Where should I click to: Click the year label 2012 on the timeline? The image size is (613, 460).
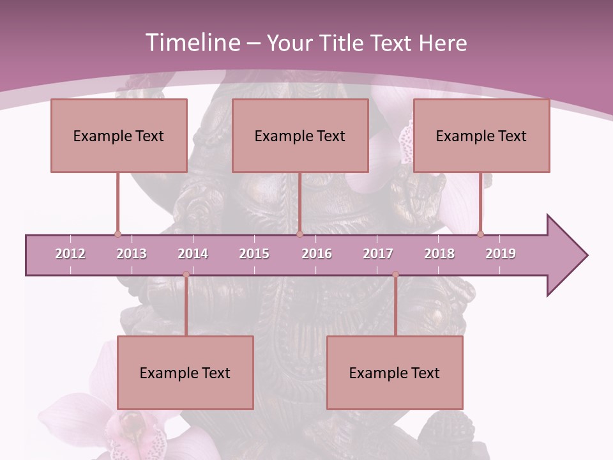(70, 254)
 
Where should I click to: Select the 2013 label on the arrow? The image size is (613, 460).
(132, 254)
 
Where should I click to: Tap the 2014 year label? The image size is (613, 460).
(193, 254)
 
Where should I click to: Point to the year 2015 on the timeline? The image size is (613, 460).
(254, 254)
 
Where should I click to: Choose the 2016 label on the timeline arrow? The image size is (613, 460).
(317, 254)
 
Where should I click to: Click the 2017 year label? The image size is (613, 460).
(378, 254)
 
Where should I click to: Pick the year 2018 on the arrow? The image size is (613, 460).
(439, 254)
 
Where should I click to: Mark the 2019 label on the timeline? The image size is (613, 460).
(501, 254)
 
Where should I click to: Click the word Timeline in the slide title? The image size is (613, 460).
(191, 43)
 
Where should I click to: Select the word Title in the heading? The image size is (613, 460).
(342, 43)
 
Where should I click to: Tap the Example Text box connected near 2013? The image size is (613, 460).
(119, 135)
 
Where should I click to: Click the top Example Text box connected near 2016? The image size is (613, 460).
(300, 135)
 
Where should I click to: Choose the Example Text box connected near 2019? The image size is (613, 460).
(481, 135)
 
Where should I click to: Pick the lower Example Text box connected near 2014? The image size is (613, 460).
(185, 372)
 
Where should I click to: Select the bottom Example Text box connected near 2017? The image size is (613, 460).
(395, 372)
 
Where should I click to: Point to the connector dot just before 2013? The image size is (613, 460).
(117, 234)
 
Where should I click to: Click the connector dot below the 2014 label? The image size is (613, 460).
(186, 275)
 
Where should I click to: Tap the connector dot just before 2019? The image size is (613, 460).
(480, 234)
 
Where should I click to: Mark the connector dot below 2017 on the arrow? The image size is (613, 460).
(395, 275)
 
